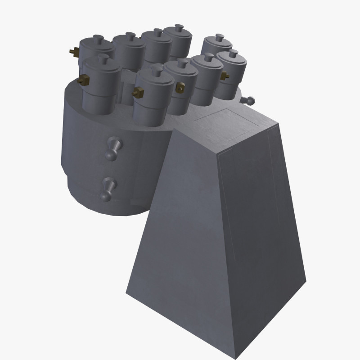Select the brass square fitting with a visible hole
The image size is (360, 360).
(180, 88)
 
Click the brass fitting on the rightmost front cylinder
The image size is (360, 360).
(223, 76)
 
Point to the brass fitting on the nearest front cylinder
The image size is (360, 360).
(138, 93)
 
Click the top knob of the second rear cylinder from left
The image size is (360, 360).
(129, 36)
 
